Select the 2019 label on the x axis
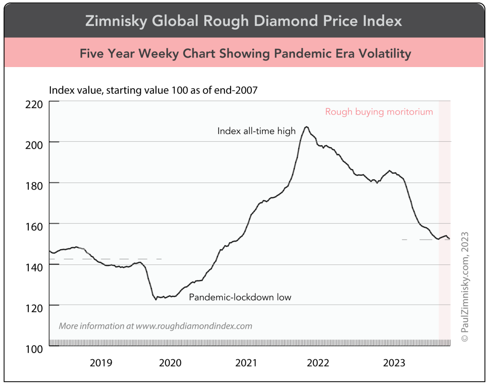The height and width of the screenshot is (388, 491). click(101, 363)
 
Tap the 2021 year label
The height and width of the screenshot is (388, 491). click(246, 363)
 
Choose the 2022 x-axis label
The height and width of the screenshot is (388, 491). click(318, 363)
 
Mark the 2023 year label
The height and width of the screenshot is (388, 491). click(394, 363)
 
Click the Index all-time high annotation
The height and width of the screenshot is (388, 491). click(257, 131)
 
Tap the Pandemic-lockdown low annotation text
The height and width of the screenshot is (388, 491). click(240, 297)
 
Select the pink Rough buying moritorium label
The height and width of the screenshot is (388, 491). click(379, 112)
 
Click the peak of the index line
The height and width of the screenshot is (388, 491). click(306, 127)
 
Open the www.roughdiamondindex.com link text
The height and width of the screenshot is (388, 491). click(194, 326)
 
